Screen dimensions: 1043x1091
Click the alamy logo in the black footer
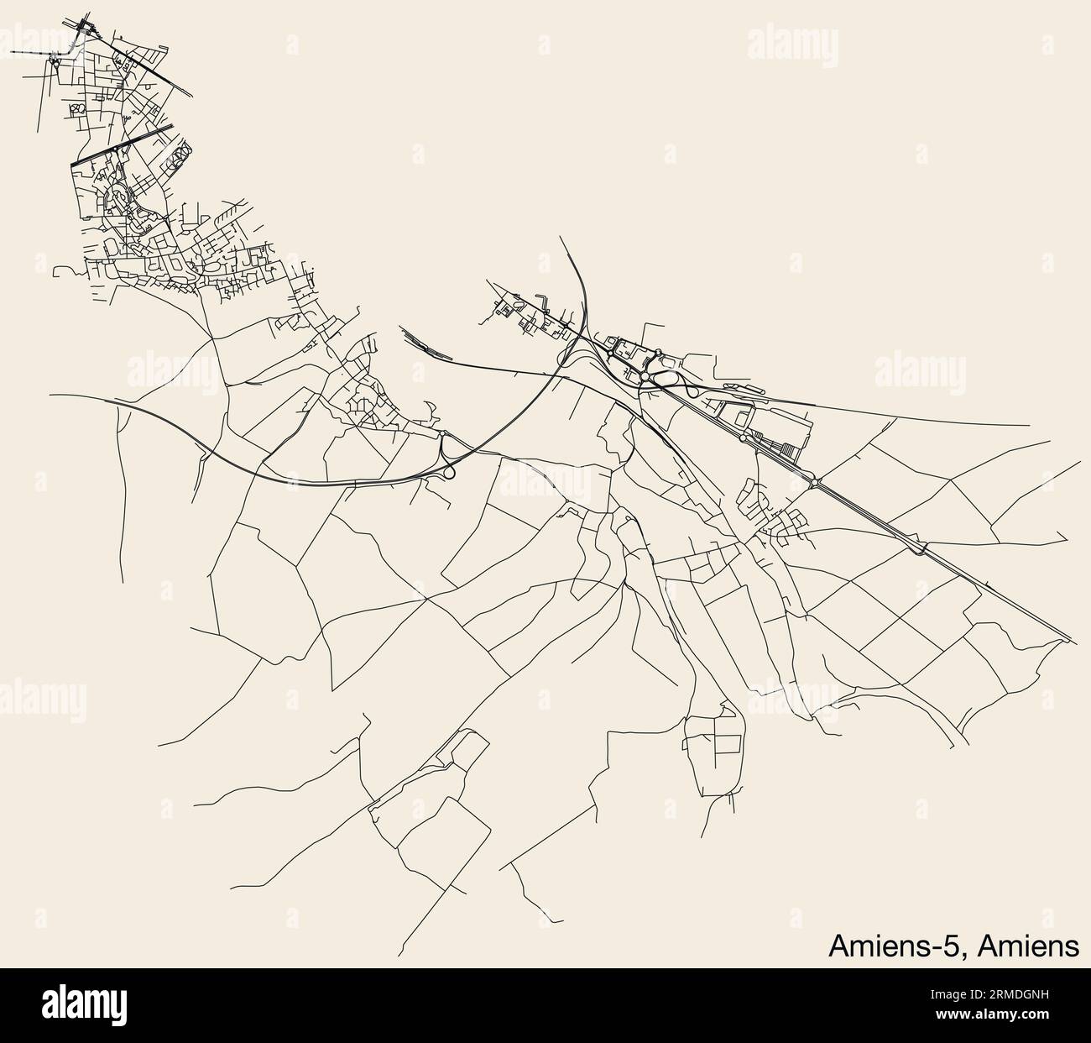coord(84,1005)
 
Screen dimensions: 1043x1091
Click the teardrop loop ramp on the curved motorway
coord(449,471)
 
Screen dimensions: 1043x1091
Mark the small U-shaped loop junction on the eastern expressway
coord(923,551)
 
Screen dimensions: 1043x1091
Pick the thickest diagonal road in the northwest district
coord(122,144)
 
